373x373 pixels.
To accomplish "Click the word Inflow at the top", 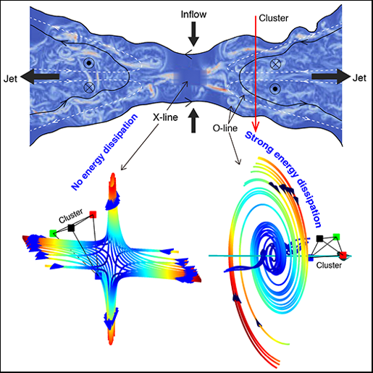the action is [193, 14].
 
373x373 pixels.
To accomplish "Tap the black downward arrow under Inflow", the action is [193, 34].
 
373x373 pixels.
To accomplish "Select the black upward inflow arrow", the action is [193, 120].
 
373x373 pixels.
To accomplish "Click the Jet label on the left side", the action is [10, 79].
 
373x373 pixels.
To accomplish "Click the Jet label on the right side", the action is [359, 78].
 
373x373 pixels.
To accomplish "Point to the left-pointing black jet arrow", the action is [40, 77].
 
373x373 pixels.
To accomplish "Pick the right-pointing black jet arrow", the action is [331, 77].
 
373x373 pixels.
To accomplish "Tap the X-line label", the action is [165, 117].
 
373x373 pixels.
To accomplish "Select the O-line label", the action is [225, 128].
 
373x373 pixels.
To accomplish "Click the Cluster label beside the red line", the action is [274, 18].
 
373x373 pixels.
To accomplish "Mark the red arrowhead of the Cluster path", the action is [256, 126].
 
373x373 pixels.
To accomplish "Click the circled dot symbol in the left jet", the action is [89, 63].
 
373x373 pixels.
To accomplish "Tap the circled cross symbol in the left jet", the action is [89, 88].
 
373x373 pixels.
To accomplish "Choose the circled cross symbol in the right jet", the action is [274, 64].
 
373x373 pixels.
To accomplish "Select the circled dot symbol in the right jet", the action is [274, 89].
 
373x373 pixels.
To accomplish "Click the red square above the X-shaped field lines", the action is [93, 214].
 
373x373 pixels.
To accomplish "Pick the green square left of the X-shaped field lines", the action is [53, 233].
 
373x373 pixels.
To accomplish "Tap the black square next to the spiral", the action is [319, 238].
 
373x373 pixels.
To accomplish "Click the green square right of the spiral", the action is [336, 237].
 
